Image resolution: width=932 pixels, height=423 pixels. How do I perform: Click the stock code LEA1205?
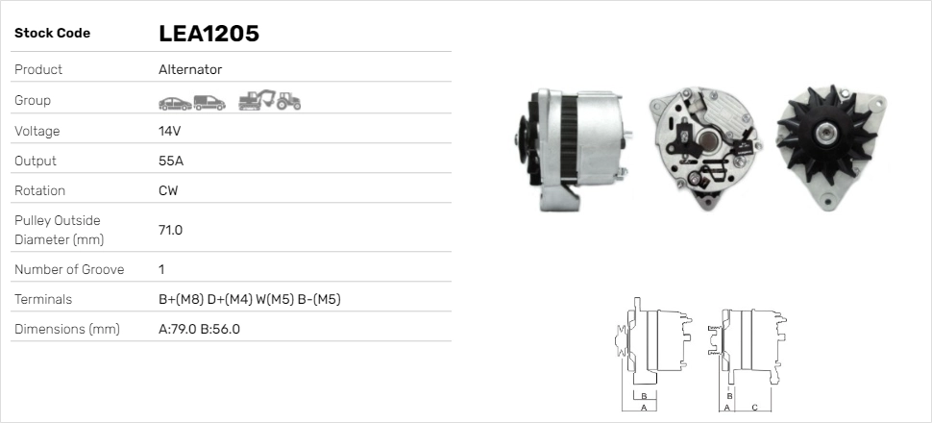(x=208, y=34)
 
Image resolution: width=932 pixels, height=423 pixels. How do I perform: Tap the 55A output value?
(x=171, y=161)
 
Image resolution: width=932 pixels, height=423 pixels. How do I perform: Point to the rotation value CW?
(x=168, y=190)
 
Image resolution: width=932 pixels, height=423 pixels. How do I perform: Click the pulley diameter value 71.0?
(x=170, y=230)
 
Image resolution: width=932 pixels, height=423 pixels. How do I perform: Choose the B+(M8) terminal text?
(x=181, y=299)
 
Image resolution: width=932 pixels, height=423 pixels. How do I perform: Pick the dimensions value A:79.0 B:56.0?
(x=199, y=329)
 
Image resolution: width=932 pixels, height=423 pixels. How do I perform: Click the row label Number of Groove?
(x=69, y=269)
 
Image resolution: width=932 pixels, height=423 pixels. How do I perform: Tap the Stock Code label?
(x=52, y=34)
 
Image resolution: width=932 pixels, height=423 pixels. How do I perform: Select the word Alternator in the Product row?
(x=190, y=69)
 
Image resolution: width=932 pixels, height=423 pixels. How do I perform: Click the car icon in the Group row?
(x=174, y=101)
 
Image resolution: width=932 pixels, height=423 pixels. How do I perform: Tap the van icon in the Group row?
(x=208, y=101)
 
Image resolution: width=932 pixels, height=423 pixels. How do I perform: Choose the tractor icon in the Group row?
(x=288, y=101)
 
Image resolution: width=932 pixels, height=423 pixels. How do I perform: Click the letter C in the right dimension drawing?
(x=754, y=407)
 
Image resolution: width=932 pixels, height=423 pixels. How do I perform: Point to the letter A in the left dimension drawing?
(x=643, y=408)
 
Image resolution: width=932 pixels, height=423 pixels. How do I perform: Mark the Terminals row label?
(x=43, y=299)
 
